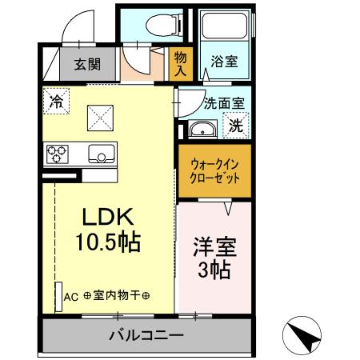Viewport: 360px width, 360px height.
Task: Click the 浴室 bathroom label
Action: coord(221,60)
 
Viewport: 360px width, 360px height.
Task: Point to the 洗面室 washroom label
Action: coord(224,103)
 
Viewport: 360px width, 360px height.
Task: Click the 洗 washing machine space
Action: coord(236,125)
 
